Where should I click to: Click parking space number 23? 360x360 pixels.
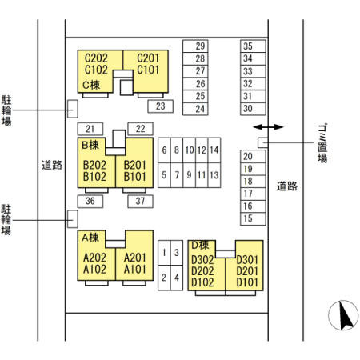pyautogui.click(x=161, y=106)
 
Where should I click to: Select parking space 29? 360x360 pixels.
pyautogui.click(x=195, y=46)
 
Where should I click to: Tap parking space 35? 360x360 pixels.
pyautogui.click(x=253, y=46)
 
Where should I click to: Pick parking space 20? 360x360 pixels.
pyautogui.click(x=253, y=156)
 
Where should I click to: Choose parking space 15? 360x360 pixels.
pyautogui.click(x=253, y=218)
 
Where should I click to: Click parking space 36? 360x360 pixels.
pyautogui.click(x=90, y=202)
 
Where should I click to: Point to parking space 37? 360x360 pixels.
pyautogui.click(x=140, y=202)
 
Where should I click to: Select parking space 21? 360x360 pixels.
pyautogui.click(x=90, y=129)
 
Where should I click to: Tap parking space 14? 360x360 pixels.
pyautogui.click(x=214, y=150)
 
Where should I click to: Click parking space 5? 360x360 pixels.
pyautogui.click(x=164, y=175)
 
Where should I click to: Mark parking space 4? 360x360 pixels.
pyautogui.click(x=177, y=278)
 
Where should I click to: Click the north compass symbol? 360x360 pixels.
pyautogui.click(x=343, y=315)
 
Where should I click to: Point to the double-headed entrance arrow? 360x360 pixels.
pyautogui.click(x=268, y=127)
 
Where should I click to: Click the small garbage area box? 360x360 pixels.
pyautogui.click(x=262, y=142)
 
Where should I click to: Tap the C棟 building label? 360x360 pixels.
pyautogui.click(x=91, y=86)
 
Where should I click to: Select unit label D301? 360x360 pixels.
pyautogui.click(x=247, y=260)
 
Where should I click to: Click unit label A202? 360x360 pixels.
pyautogui.click(x=94, y=258)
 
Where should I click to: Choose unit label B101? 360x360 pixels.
pyautogui.click(x=135, y=177)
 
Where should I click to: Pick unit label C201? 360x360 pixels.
pyautogui.click(x=148, y=58)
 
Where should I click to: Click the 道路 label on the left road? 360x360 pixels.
pyautogui.click(x=52, y=166)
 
